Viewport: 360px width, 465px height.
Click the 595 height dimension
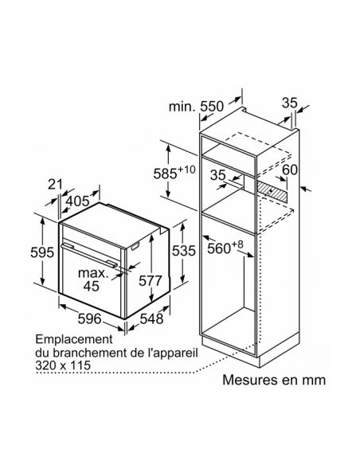click(x=42, y=252)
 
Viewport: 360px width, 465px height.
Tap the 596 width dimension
click(x=89, y=318)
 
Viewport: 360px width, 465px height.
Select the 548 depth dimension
click(x=151, y=318)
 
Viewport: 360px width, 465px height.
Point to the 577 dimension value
click(x=151, y=280)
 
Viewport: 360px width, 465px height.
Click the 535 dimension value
click(x=184, y=251)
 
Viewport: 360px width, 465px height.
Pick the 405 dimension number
click(x=77, y=201)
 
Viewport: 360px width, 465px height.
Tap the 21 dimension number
click(x=56, y=185)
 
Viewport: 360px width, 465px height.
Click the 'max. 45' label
click(x=93, y=279)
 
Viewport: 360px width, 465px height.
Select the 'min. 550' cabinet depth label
click(x=196, y=106)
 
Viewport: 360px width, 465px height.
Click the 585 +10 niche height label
click(x=174, y=172)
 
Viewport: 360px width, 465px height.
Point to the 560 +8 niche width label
click(x=225, y=247)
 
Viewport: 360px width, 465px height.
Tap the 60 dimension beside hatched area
click(x=289, y=170)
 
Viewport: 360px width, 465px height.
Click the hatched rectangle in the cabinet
click(x=272, y=192)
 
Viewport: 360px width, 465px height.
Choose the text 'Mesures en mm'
click(x=274, y=380)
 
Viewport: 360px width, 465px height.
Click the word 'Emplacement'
click(x=74, y=339)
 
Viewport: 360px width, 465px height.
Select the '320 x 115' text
click(x=63, y=365)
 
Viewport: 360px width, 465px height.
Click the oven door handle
click(x=89, y=254)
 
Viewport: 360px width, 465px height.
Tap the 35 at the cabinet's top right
click(x=289, y=103)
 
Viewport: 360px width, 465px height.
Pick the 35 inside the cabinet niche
click(x=218, y=175)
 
